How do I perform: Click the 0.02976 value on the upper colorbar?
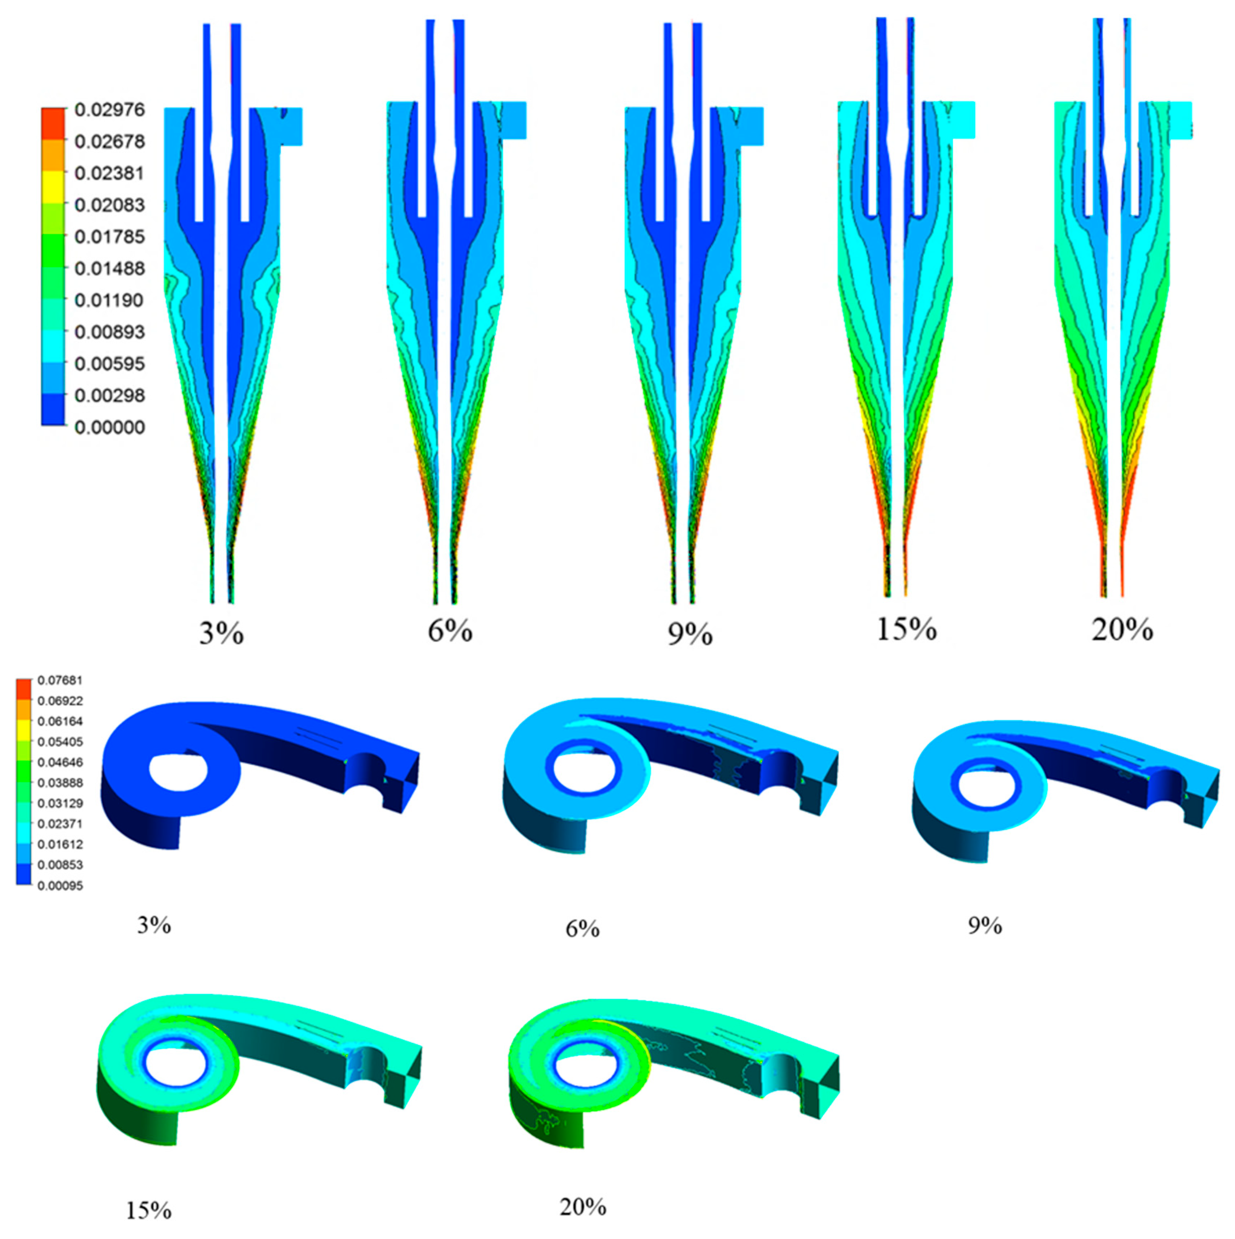110,110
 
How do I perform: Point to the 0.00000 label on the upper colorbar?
110,427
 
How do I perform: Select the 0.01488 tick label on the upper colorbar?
110,268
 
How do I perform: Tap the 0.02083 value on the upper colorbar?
110,205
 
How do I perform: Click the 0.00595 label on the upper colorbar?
110,364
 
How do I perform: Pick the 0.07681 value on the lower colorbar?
60,680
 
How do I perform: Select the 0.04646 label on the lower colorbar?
60,762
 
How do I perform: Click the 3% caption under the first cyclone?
221,634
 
